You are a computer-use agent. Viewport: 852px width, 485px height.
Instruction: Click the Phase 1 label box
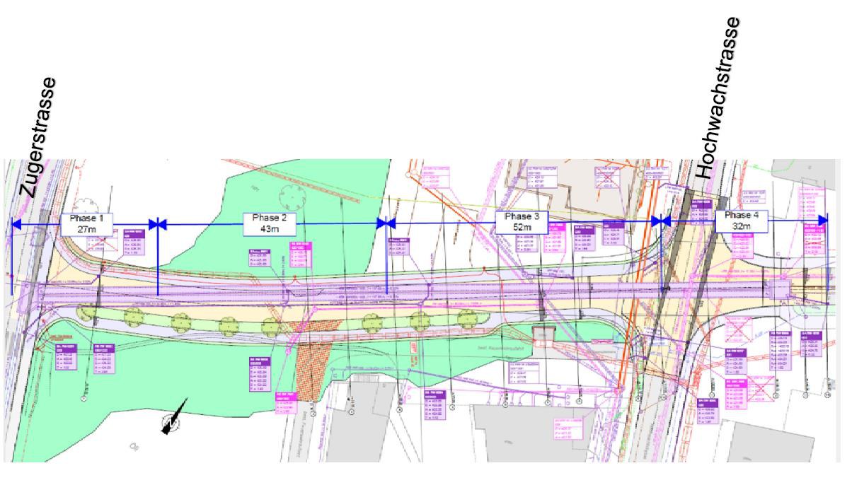[x=86, y=224]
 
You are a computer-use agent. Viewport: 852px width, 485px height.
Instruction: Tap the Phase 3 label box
[x=522, y=222]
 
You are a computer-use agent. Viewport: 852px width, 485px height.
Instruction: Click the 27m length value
[x=86, y=230]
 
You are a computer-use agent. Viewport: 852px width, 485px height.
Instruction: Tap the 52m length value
[x=522, y=228]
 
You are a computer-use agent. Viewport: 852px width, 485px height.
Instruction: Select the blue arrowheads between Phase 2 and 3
[x=386, y=223]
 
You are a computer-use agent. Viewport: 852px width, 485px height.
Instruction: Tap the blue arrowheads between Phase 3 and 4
[x=661, y=221]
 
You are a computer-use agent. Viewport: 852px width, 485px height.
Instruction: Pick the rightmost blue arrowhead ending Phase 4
[x=822, y=220]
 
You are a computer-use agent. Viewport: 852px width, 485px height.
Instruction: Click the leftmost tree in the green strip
[x=88, y=313]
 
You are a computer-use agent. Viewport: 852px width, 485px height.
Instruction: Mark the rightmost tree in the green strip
[x=466, y=319]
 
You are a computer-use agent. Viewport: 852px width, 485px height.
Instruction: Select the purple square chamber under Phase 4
[x=781, y=290]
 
